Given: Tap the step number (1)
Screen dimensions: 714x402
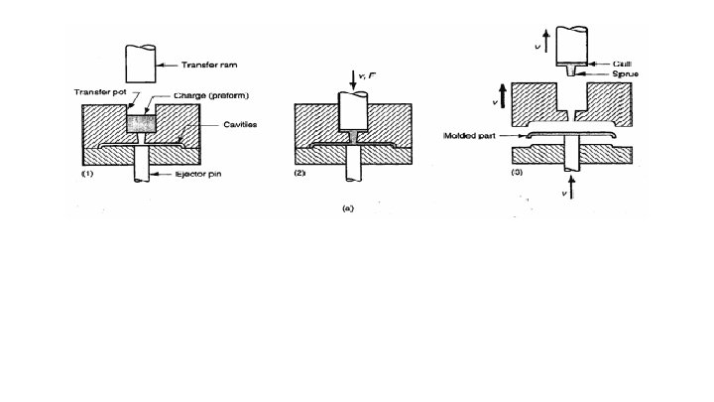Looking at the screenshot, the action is [x=85, y=174].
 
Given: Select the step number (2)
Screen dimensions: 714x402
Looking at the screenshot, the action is [x=302, y=174].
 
